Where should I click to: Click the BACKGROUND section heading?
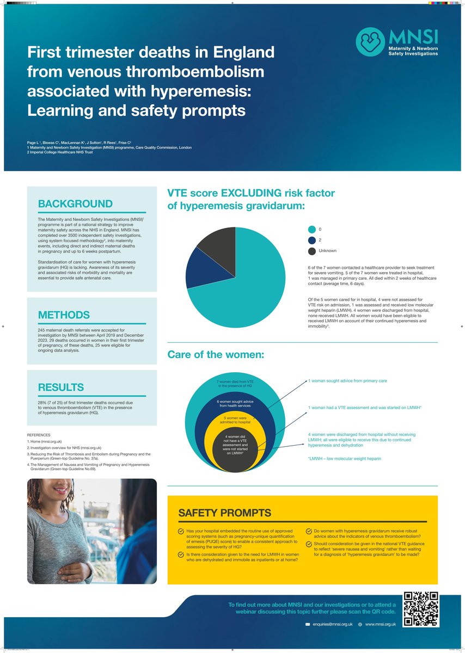tap(76, 204)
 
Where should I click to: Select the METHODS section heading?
tap(64, 315)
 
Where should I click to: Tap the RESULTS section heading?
tap(61, 387)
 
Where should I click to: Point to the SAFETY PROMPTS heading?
tap(225, 513)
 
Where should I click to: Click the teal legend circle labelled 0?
tap(312, 229)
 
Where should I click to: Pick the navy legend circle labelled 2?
tap(312, 240)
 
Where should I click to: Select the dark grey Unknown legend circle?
tap(312, 251)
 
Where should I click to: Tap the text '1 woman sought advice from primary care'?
tap(347, 381)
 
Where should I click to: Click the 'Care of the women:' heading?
tap(216, 355)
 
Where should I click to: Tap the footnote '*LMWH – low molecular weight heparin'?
tap(344, 459)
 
